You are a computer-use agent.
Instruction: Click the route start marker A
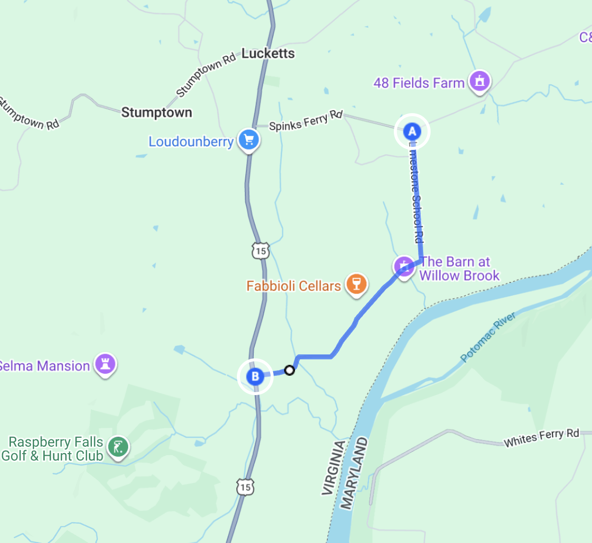[412, 132]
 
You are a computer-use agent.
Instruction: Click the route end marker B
[255, 376]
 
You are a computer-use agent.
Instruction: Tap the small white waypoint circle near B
[290, 370]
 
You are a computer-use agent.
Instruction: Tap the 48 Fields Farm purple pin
[479, 80]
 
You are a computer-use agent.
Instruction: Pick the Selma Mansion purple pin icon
[105, 364]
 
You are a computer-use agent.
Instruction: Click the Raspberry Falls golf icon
[118, 447]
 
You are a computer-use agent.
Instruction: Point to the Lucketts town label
[268, 54]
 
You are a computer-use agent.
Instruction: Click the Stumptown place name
[156, 113]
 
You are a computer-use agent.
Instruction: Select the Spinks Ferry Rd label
[306, 120]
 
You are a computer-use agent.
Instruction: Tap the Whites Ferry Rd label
[541, 437]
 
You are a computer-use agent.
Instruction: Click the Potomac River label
[488, 337]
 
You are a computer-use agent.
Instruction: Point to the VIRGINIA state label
[333, 468]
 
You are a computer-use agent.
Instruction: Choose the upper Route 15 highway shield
[260, 251]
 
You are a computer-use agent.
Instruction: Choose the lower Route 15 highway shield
[245, 487]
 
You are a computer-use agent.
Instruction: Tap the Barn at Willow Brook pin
[404, 266]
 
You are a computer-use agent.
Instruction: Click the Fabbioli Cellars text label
[294, 286]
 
